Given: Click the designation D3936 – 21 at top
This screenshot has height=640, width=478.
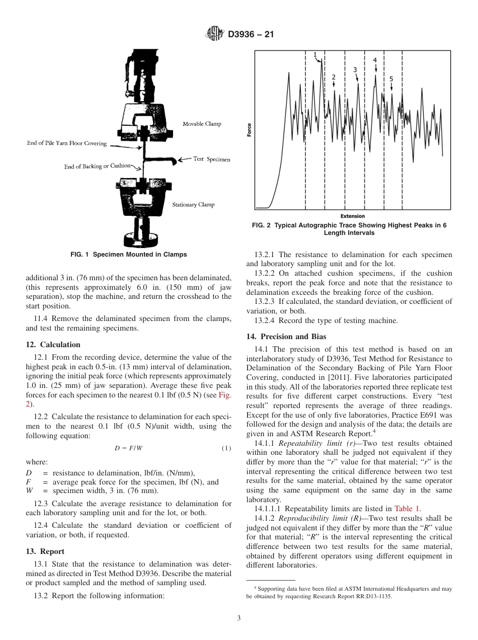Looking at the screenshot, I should click(251, 35).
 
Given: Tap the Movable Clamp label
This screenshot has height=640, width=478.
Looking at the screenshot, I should click(202, 124).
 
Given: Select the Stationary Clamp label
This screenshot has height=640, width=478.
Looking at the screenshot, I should click(193, 204).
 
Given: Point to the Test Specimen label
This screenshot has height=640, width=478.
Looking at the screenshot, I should click(212, 159).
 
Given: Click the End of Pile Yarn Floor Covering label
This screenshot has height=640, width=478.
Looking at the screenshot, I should click(67, 143).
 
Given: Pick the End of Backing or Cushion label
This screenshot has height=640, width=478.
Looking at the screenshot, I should click(97, 166).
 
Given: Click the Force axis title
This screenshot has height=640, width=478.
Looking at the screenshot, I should click(249, 130).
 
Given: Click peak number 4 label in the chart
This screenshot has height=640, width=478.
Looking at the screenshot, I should click(375, 60).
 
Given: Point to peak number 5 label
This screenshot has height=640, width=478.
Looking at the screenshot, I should click(391, 79).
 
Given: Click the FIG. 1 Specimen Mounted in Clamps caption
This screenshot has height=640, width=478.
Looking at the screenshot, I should click(129, 255).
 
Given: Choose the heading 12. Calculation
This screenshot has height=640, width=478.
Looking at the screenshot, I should click(53, 345).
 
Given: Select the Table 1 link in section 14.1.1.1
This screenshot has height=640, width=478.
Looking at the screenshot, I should click(408, 509).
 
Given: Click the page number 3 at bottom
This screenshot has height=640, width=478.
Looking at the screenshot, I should click(239, 618).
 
